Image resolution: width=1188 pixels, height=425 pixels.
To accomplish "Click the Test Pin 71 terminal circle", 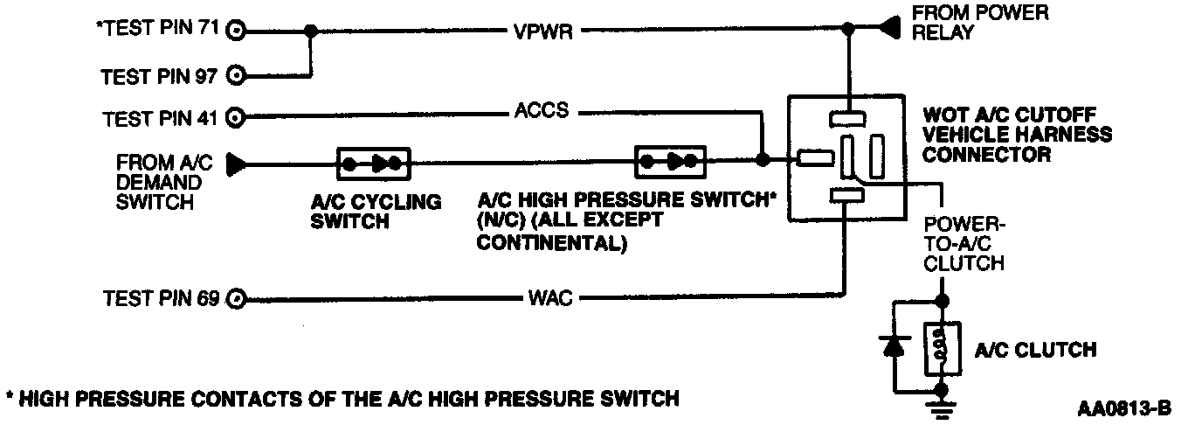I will (235, 32).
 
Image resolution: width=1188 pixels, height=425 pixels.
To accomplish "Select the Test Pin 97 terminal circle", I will (235, 76).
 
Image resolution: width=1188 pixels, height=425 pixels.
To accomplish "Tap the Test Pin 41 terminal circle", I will (235, 115).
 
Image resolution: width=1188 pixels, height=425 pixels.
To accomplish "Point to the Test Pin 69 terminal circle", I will (235, 299).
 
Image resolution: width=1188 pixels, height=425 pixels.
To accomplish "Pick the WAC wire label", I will (550, 300).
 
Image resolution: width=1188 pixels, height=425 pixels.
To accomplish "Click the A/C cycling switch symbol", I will (373, 163).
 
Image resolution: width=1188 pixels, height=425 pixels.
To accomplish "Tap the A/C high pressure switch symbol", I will (670, 161).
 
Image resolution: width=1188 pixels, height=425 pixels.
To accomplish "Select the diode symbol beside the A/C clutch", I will (893, 346).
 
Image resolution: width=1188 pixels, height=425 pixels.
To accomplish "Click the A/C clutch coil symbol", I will (943, 349).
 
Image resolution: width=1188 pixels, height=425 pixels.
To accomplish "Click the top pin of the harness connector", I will (847, 117).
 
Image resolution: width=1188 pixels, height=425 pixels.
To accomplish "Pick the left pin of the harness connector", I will (813, 158).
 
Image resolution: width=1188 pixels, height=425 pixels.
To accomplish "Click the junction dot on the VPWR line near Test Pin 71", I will (310, 31).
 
